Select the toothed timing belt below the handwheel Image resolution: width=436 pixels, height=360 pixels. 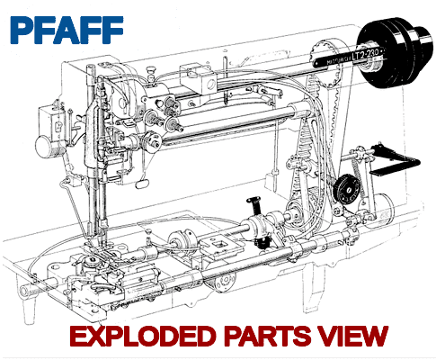324,135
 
